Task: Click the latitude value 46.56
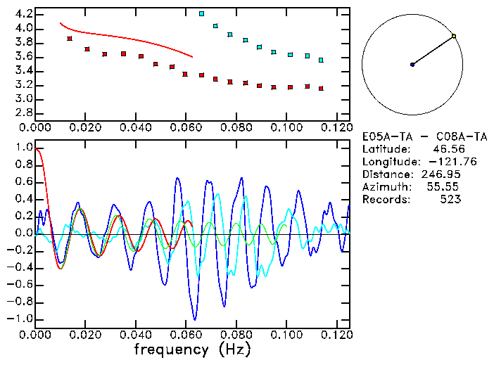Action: [x=444, y=149]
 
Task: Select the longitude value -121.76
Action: [x=441, y=162]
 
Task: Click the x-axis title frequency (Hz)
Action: [x=191, y=349]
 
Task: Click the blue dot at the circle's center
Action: [x=412, y=64]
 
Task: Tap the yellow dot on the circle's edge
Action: [x=454, y=36]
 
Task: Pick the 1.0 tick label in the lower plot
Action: [x=23, y=148]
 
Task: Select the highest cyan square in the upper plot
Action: [x=202, y=13]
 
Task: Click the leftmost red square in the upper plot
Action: [x=70, y=39]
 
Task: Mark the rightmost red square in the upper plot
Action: [x=321, y=89]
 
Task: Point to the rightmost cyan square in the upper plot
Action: [x=321, y=60]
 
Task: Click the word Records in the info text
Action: [x=384, y=200]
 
